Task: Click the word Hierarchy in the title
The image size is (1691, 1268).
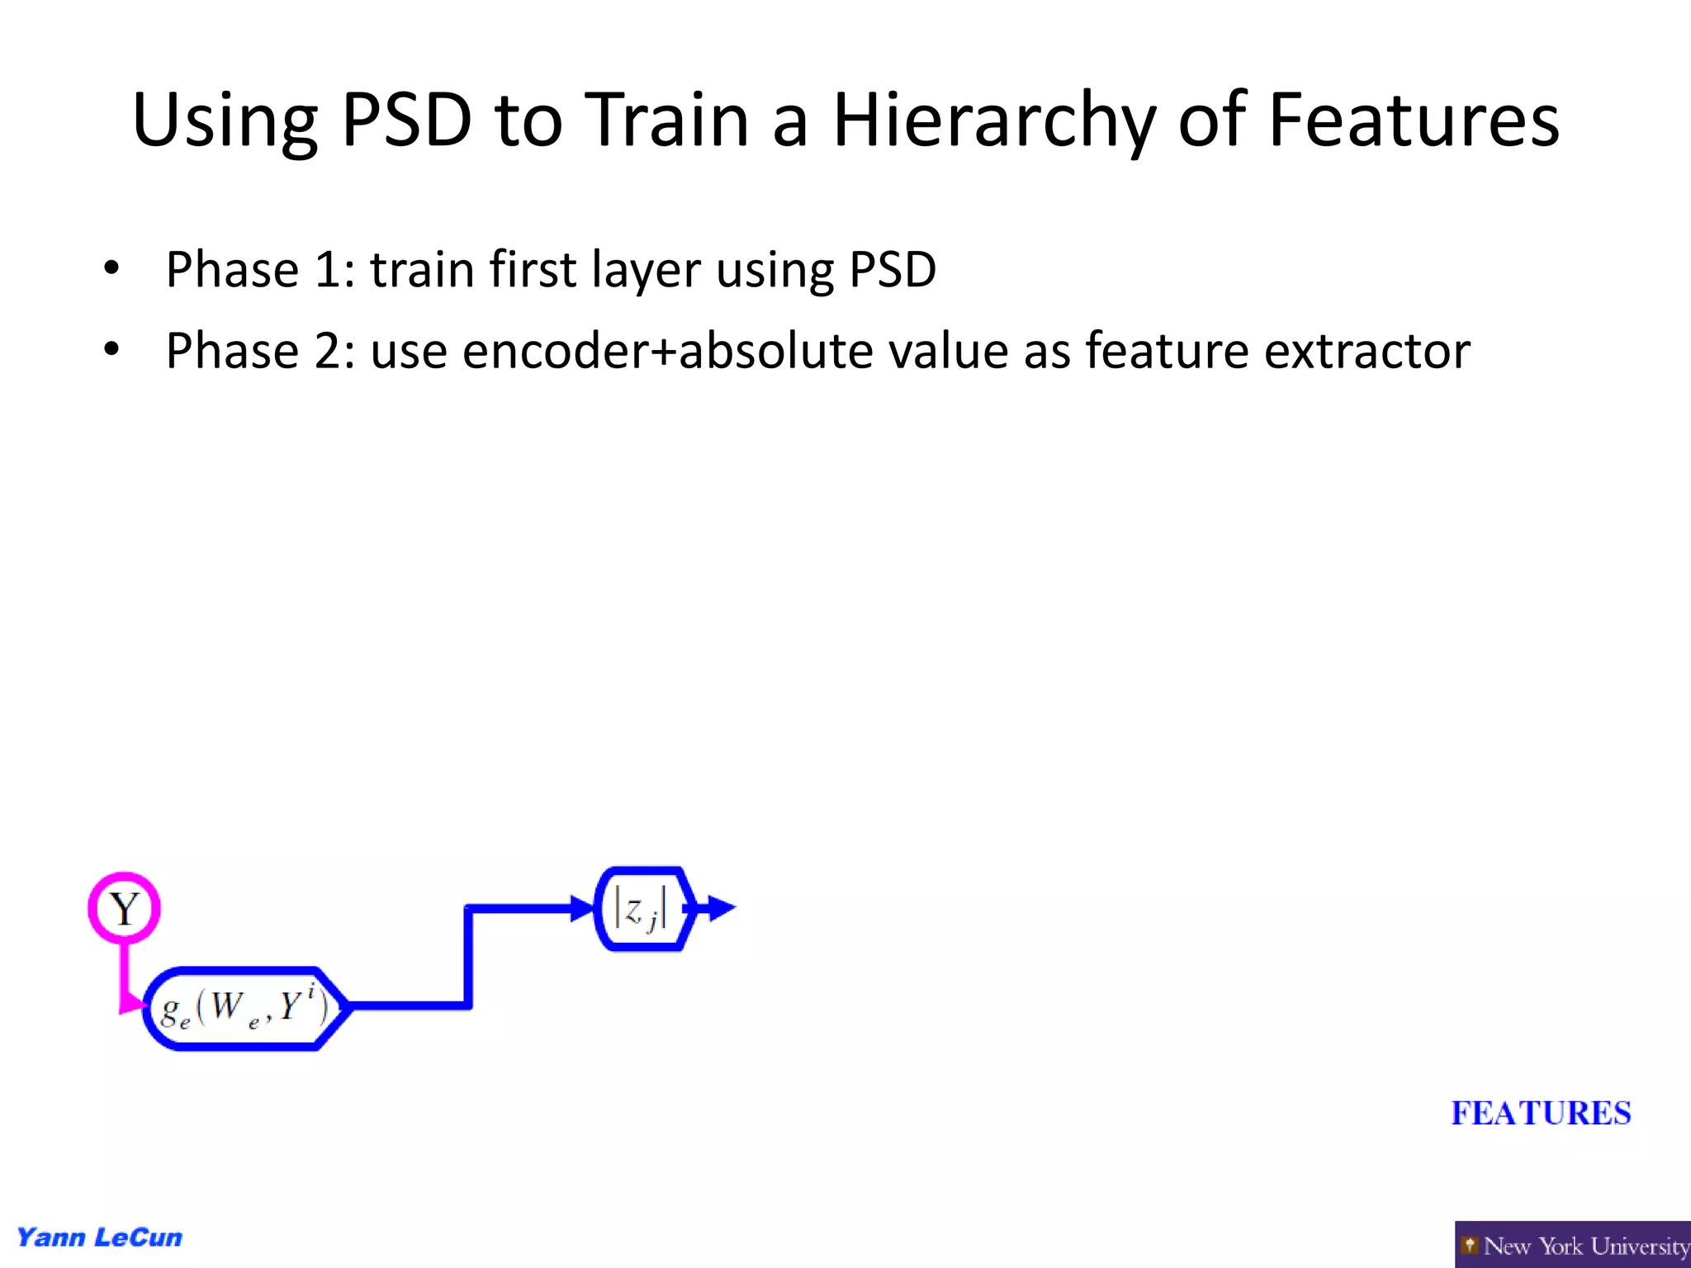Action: point(994,122)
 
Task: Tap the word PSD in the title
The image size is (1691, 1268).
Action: point(406,121)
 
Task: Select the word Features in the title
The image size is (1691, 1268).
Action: point(1414,121)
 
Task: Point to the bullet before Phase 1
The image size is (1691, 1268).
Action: point(111,268)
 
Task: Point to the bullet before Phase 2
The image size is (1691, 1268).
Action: point(111,349)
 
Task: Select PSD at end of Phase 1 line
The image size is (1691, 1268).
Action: point(893,269)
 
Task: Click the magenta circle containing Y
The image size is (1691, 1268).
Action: point(125,908)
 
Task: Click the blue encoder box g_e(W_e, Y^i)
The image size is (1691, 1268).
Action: point(244,1008)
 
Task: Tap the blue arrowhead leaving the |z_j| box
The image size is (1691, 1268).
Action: point(721,909)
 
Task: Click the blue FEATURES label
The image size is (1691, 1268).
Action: point(1541,1113)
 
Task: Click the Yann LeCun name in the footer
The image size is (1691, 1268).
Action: point(100,1237)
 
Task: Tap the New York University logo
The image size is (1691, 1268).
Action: point(1572,1245)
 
